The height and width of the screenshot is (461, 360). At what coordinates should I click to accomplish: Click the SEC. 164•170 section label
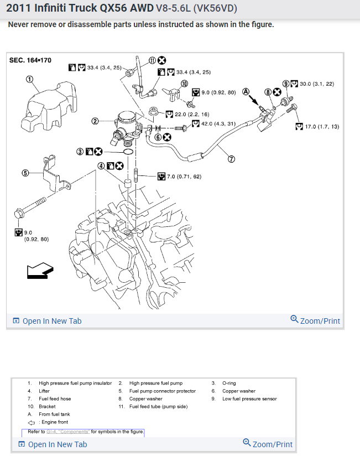30,60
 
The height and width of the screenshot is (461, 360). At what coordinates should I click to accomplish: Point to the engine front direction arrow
39,271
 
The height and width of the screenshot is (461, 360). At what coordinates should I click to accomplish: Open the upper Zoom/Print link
315,320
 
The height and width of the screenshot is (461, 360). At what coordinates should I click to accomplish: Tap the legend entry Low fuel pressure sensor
250,398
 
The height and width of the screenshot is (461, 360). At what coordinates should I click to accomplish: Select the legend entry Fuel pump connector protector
163,391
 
